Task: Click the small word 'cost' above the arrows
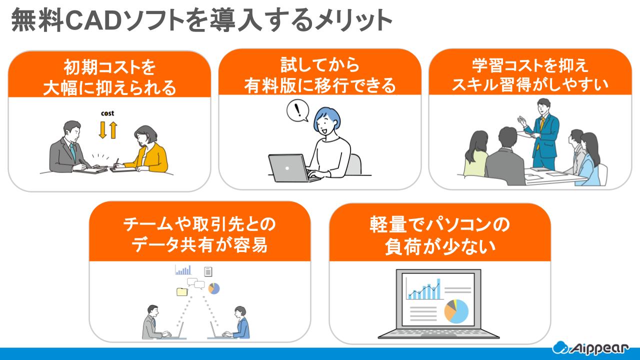click(107, 113)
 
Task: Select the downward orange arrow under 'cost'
click(102, 129)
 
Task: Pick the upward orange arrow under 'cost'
click(113, 129)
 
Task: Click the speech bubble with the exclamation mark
click(298, 110)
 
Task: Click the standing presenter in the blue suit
click(542, 132)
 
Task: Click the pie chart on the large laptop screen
click(456, 311)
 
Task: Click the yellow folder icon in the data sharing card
click(182, 291)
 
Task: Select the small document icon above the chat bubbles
click(208, 271)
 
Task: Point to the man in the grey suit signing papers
click(69, 147)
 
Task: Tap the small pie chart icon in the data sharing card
click(214, 288)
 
